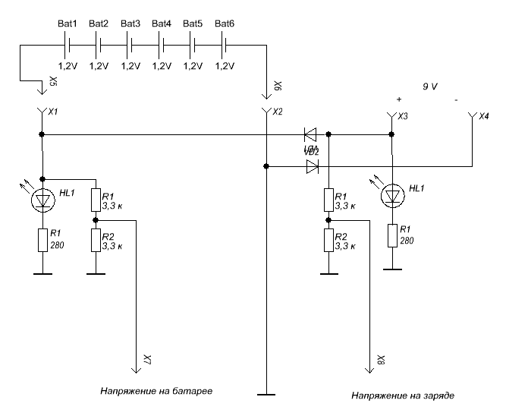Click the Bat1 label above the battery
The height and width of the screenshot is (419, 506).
pyautogui.click(x=67, y=24)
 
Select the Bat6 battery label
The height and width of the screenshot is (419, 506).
pyautogui.click(x=225, y=24)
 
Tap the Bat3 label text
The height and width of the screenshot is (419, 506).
pyautogui.click(x=130, y=24)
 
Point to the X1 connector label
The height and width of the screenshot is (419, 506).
pyautogui.click(x=53, y=112)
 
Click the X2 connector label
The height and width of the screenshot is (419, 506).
pyautogui.click(x=278, y=112)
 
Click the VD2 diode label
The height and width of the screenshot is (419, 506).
pyautogui.click(x=311, y=152)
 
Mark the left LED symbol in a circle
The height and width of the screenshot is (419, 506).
pyautogui.click(x=42, y=200)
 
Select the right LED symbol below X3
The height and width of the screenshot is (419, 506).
pyautogui.click(x=391, y=196)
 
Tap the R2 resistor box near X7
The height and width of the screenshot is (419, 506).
pyautogui.click(x=96, y=239)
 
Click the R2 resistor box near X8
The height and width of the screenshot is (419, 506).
pyautogui.click(x=328, y=239)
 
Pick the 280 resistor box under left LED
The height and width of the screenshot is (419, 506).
pyautogui.click(x=42, y=241)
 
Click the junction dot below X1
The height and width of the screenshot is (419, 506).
pyautogui.click(x=42, y=134)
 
